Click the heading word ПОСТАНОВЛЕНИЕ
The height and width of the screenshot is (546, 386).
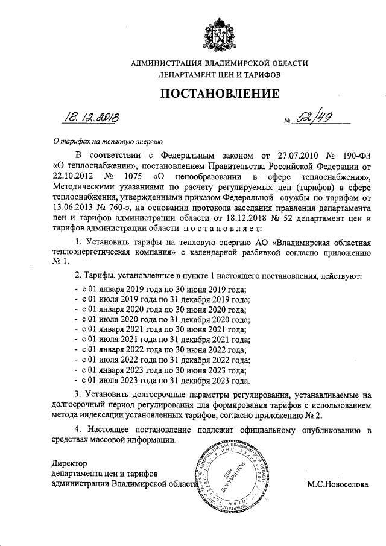point(219,94)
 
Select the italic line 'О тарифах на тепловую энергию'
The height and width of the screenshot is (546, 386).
point(105,142)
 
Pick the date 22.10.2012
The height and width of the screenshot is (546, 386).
point(73,176)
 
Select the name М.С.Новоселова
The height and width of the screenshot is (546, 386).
point(337,484)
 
